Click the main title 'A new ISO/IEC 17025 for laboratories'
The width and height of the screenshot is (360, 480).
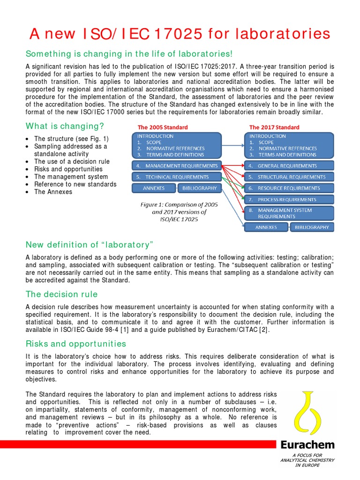pos(180,33)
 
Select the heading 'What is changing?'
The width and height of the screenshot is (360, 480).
pos(65,126)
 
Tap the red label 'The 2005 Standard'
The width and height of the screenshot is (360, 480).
pos(163,127)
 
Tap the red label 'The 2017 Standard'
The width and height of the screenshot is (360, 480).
pos(274,127)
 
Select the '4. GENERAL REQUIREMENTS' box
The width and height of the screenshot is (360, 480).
pos(289,165)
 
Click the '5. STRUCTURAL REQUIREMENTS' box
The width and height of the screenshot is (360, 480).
pos(289,177)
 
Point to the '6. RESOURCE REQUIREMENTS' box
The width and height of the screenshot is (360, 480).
pos(289,188)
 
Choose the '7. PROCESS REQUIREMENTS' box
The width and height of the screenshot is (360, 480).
pos(289,199)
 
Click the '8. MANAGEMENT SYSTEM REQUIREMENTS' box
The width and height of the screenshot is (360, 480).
pos(289,213)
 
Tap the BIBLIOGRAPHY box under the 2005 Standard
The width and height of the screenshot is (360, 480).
pos(199,188)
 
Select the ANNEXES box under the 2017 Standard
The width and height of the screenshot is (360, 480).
pos(266,227)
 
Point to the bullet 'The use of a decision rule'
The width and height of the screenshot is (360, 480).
pos(72,161)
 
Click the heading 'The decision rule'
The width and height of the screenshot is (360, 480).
pos(61,294)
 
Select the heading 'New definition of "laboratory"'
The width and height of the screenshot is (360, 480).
pos(90,245)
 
